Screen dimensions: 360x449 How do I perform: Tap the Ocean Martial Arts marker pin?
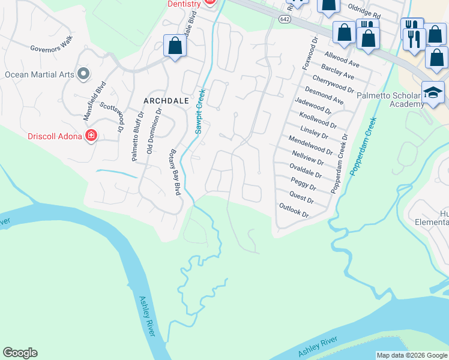[83, 74]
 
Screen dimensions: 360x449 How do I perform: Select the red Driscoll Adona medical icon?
[91, 136]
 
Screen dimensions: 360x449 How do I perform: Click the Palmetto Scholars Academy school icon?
[433, 92]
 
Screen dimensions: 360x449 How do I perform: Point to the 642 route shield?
[285, 20]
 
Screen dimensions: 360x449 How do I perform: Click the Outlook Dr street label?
[294, 210]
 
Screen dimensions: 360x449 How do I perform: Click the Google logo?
[20, 353]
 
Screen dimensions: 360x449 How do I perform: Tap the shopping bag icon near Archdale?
[175, 46]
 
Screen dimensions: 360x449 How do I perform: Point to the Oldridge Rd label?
[364, 13]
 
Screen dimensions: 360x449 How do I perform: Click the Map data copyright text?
[412, 355]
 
